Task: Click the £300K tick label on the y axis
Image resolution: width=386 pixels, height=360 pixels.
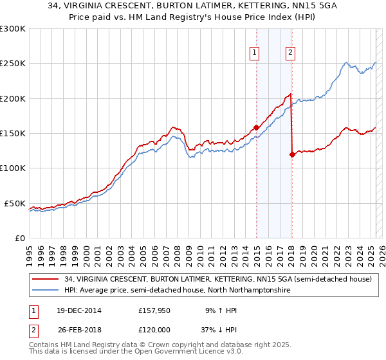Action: [13, 29]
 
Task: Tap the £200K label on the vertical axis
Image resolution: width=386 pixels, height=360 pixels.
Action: [13, 98]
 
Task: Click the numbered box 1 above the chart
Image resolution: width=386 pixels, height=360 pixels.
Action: [255, 53]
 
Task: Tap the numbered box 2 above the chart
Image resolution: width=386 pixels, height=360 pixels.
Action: [291, 53]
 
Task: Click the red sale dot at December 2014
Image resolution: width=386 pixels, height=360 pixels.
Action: [256, 127]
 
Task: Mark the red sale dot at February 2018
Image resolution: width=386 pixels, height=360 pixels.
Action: [292, 154]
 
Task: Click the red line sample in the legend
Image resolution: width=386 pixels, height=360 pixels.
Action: [46, 280]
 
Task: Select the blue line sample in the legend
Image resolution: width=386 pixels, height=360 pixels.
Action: [46, 291]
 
